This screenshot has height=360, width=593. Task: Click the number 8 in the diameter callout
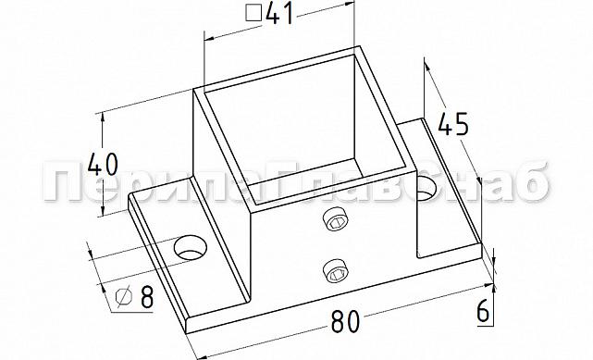coord(145,298)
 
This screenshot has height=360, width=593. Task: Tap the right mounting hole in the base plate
coord(427,192)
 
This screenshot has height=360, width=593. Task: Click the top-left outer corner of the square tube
coord(192,89)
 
